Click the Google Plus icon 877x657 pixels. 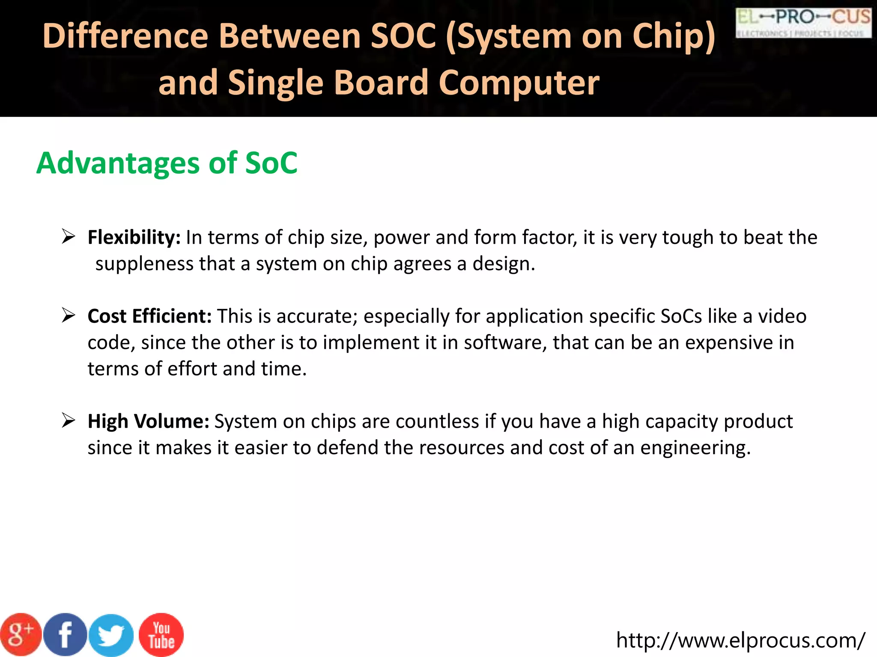(21, 635)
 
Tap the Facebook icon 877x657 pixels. (65, 635)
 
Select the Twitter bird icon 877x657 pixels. (111, 636)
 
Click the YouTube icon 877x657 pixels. (161, 635)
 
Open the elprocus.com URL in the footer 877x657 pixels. (740, 640)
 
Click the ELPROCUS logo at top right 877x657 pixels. (803, 23)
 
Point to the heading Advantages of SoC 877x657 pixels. (167, 163)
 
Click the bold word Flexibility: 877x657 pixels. (134, 237)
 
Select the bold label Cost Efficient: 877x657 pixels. (149, 317)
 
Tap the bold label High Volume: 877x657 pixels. (148, 421)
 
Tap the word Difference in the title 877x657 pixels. (125, 36)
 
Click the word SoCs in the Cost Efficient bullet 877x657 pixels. (681, 317)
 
